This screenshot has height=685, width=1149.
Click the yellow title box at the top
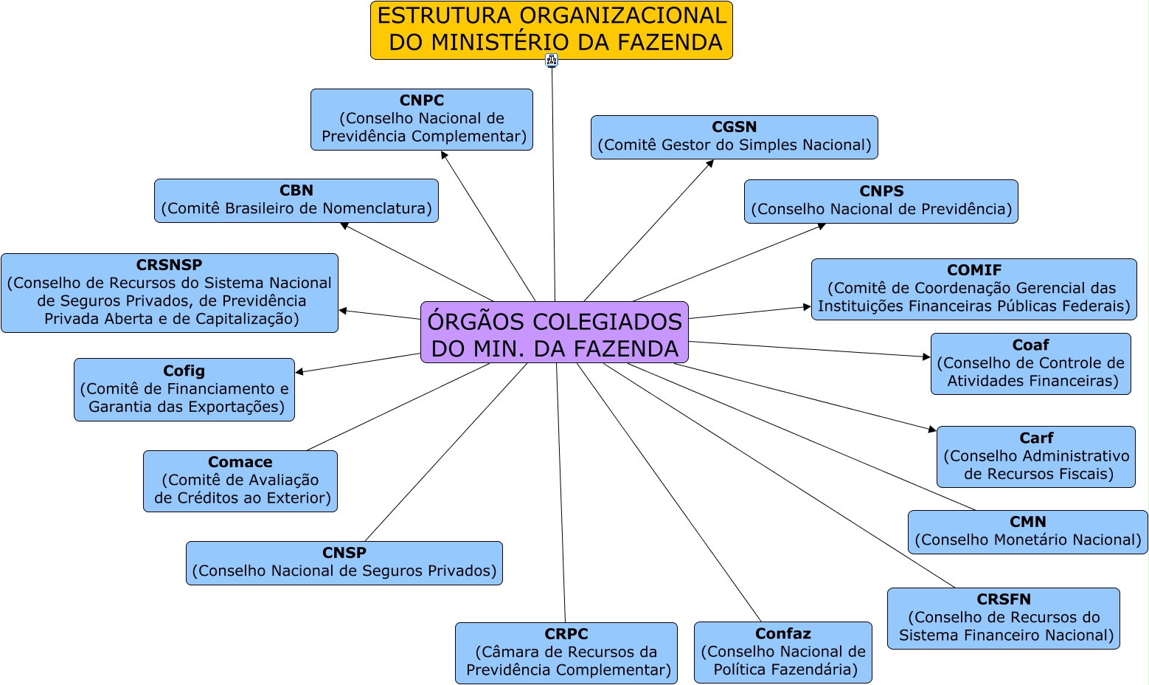pyautogui.click(x=551, y=30)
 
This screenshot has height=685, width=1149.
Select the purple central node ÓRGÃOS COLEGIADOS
pyautogui.click(x=555, y=332)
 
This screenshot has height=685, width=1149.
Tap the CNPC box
pyautogui.click(x=422, y=120)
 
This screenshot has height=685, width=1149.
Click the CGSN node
pyautogui.click(x=734, y=137)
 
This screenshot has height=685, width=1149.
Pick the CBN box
pyautogui.click(x=296, y=201)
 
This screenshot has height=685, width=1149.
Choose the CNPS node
pyautogui.click(x=881, y=202)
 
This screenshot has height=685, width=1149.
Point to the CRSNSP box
pyautogui.click(x=170, y=293)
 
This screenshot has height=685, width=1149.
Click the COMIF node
pyautogui.click(x=973, y=289)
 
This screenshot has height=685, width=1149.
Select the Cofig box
pyautogui.click(x=184, y=390)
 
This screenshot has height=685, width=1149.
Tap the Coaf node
pyautogui.click(x=1030, y=364)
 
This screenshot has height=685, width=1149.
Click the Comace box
pyautogui.click(x=240, y=481)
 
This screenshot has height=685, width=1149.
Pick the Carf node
pyautogui.click(x=1035, y=457)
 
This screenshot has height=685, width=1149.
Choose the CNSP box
pyautogui.click(x=344, y=563)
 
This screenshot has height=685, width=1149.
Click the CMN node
pyautogui.click(x=1027, y=532)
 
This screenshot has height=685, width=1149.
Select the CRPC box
pyautogui.click(x=566, y=653)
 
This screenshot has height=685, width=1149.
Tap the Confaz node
pyautogui.click(x=782, y=653)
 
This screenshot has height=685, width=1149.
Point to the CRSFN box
pyautogui.click(x=1003, y=619)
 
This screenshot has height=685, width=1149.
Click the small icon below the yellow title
pyautogui.click(x=552, y=61)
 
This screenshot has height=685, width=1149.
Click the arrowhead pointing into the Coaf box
pyautogui.click(x=927, y=357)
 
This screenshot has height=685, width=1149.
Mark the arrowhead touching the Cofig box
pyautogui.click(x=299, y=371)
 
